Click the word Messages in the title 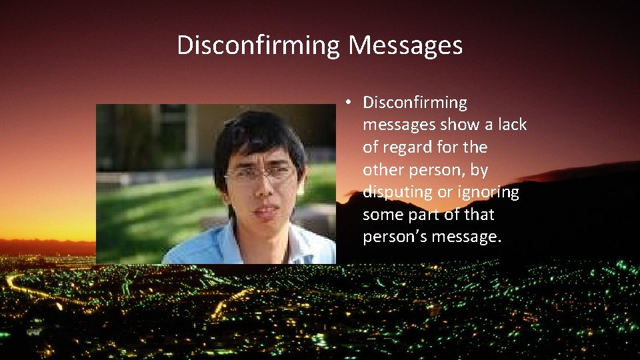click(405, 46)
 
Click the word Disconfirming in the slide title click(259, 46)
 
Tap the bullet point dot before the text click(349, 103)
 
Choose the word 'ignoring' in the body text click(488, 192)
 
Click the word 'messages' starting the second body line click(399, 125)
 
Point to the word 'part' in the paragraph click(424, 215)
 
